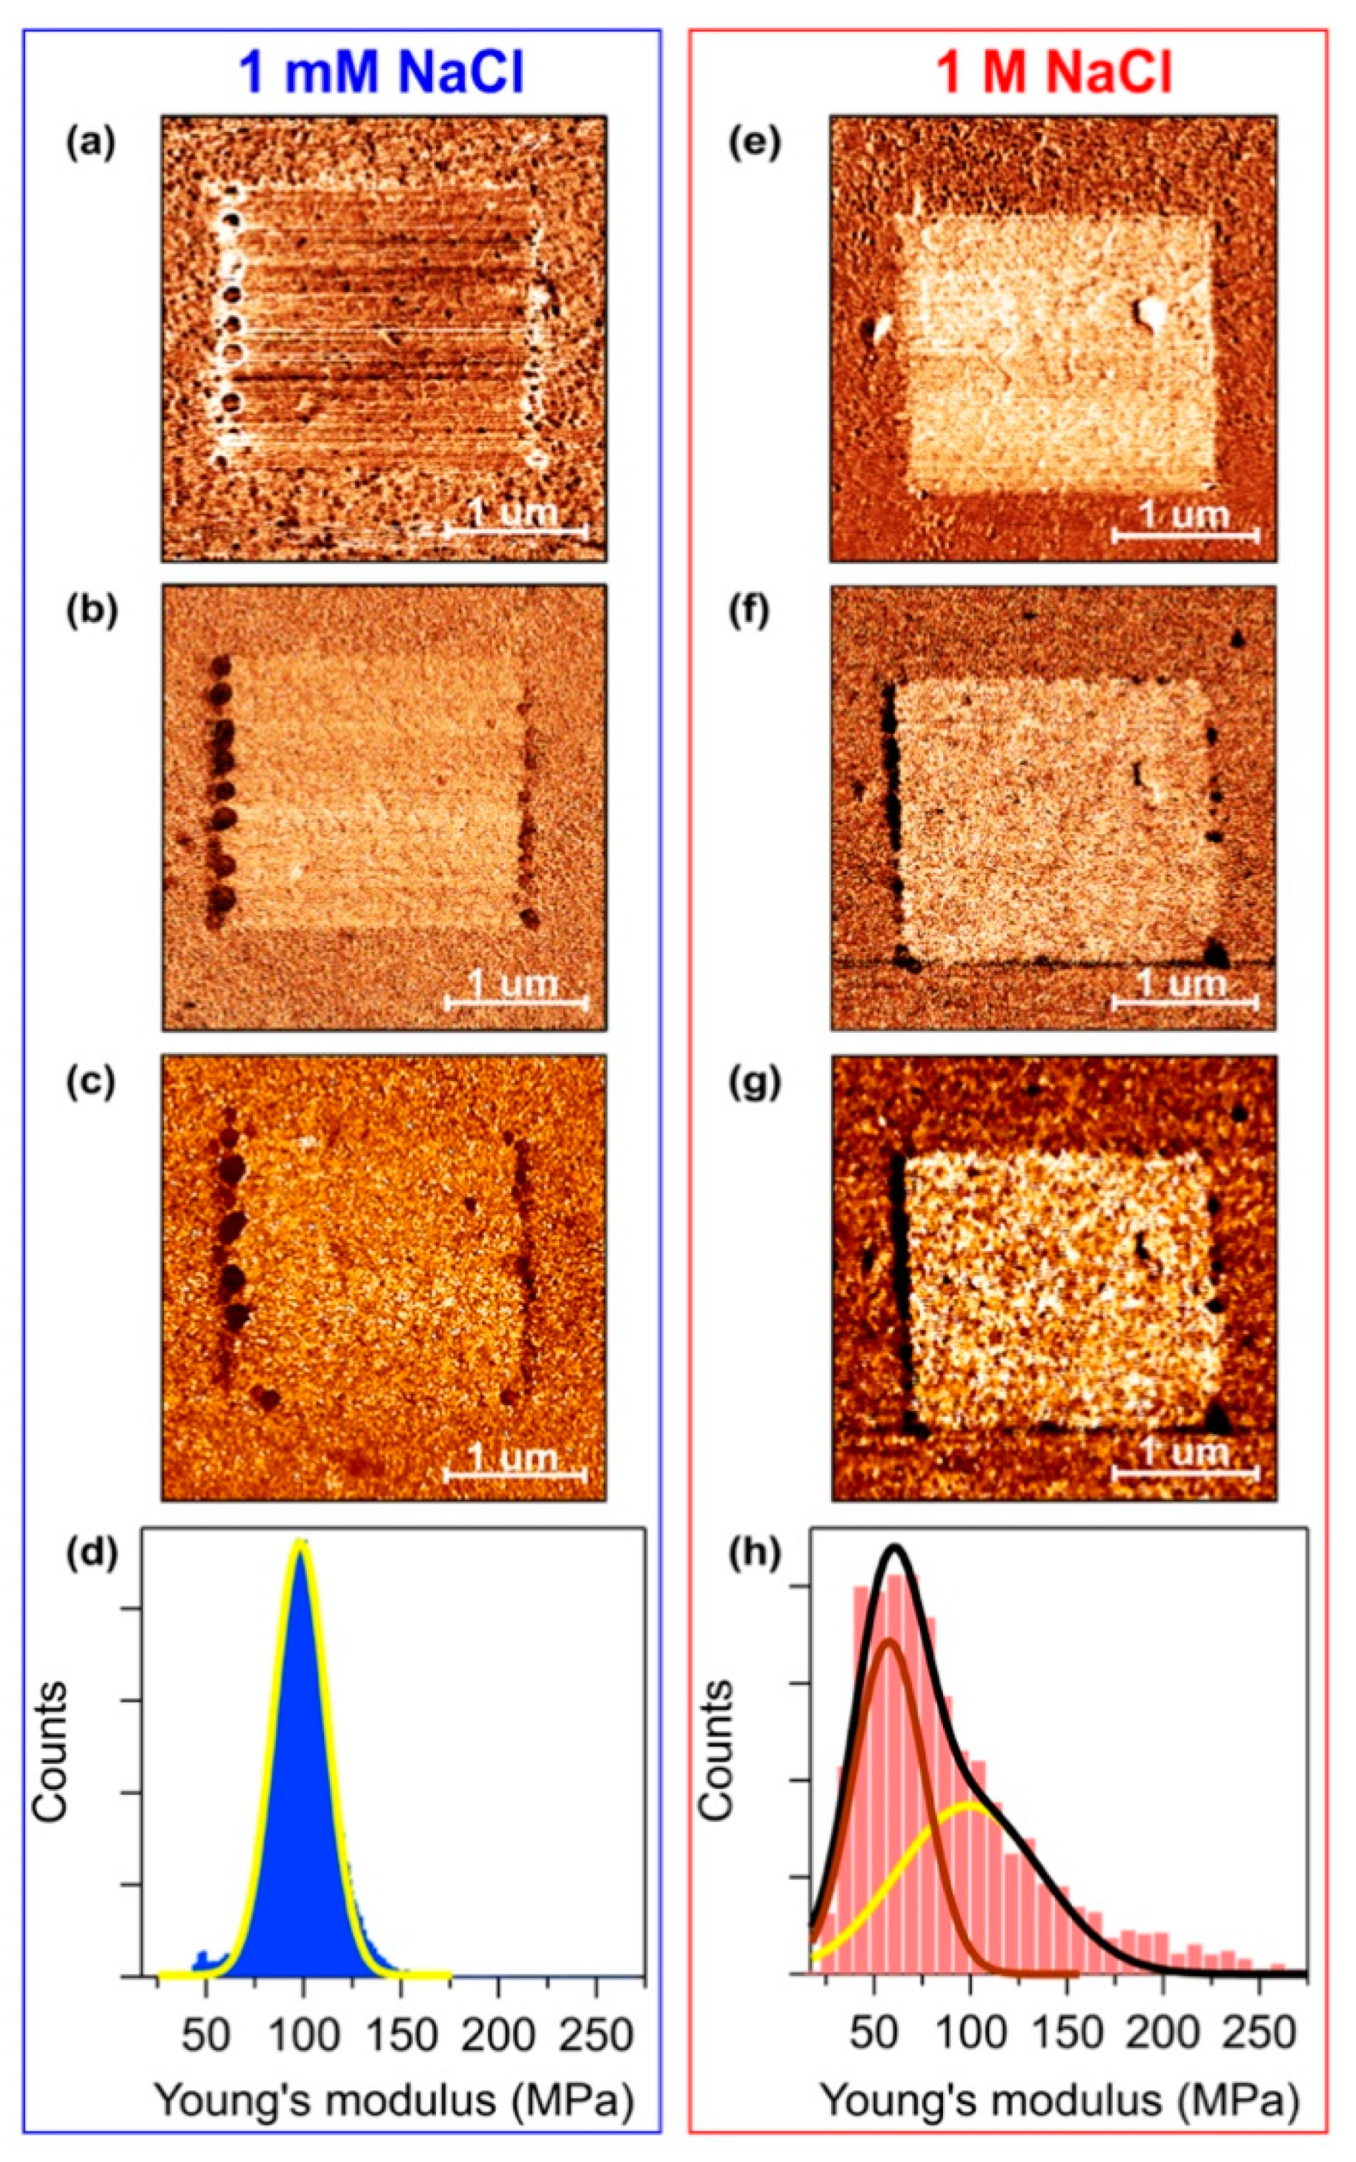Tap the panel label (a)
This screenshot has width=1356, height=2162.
[x=90, y=143]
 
